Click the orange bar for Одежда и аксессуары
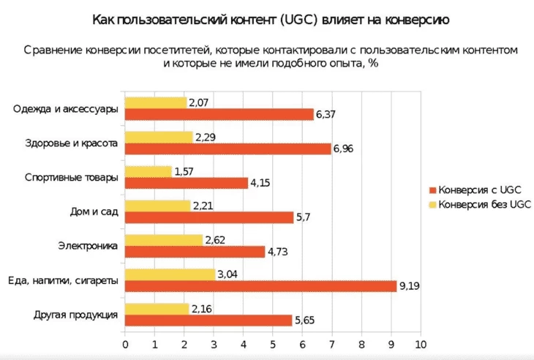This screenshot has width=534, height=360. click(219, 114)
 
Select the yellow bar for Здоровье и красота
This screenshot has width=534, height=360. click(159, 137)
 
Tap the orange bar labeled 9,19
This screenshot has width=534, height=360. click(260, 286)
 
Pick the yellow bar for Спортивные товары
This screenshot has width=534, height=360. click(148, 171)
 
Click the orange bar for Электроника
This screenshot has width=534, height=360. click(195, 252)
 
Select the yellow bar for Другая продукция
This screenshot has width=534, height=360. click(157, 309)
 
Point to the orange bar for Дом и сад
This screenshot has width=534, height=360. click(209, 217)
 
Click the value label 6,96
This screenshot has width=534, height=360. click(343, 149)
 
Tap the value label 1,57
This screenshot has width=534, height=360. click(184, 171)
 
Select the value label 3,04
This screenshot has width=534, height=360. click(227, 274)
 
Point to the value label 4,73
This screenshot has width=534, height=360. click(277, 252)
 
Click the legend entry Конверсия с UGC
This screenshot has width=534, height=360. click(479, 190)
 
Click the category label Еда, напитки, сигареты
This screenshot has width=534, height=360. click(62, 280)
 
